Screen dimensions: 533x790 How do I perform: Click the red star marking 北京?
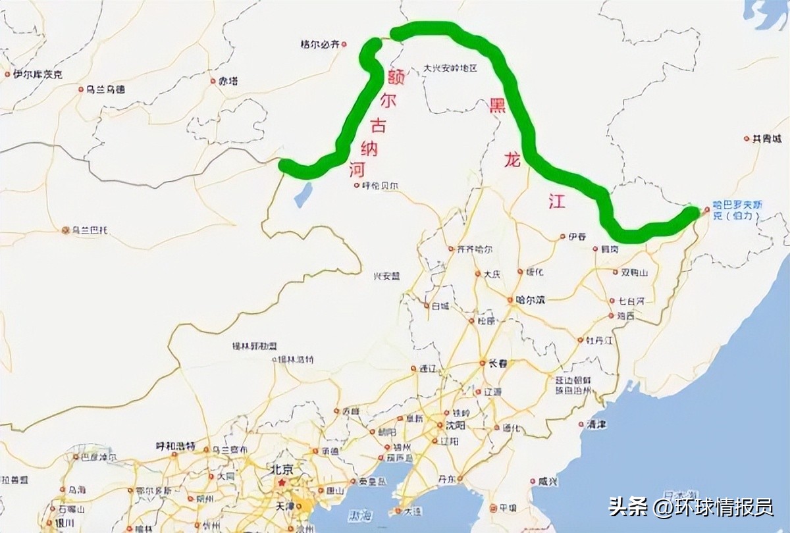(x=282, y=483)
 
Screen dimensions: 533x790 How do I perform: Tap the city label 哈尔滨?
(x=531, y=300)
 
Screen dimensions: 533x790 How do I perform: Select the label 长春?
(x=498, y=363)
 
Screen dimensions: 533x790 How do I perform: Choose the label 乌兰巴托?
(x=90, y=230)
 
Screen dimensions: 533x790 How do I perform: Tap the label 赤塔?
(x=228, y=82)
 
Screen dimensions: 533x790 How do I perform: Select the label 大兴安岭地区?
(x=450, y=68)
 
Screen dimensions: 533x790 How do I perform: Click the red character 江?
(x=557, y=202)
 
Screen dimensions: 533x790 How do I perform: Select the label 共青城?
(x=768, y=139)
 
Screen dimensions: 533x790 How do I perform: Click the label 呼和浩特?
(x=175, y=446)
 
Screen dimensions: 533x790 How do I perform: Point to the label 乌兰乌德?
(x=105, y=89)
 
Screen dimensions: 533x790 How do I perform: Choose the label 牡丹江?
(x=600, y=340)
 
